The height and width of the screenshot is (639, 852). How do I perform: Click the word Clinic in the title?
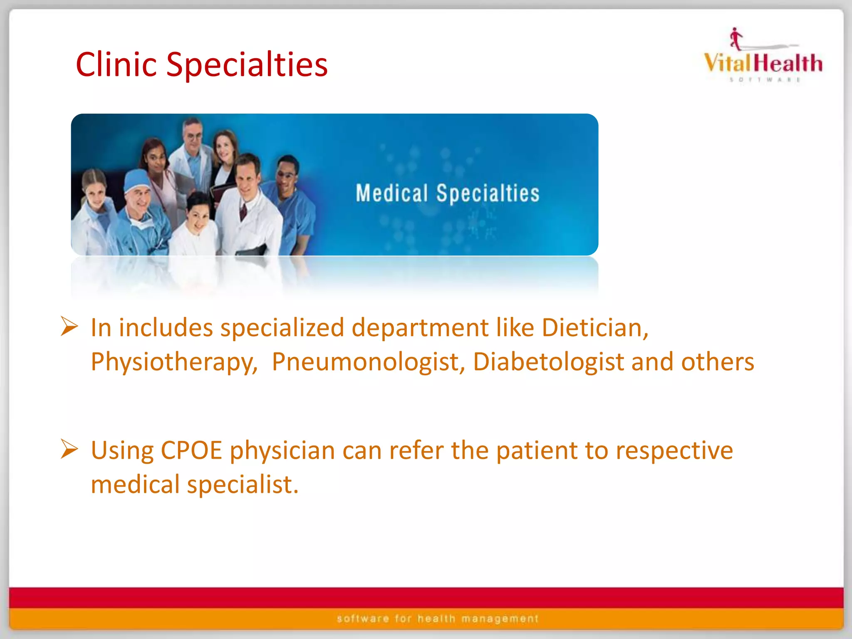point(116,65)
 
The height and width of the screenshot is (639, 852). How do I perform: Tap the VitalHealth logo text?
point(763,63)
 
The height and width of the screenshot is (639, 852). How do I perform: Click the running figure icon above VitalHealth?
point(736,39)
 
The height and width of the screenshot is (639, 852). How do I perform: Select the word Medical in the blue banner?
point(391,193)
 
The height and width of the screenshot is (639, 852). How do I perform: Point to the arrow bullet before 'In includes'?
point(69,326)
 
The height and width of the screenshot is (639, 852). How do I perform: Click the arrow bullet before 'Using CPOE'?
point(69,449)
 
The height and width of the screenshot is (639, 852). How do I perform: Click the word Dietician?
point(594,328)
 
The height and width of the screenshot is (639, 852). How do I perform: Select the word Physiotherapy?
point(174,362)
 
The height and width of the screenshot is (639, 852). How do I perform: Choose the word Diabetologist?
point(548,362)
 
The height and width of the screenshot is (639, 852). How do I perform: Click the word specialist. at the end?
point(243,485)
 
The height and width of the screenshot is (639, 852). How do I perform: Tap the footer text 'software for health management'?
point(438,619)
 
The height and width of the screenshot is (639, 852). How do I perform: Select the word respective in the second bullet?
point(674,451)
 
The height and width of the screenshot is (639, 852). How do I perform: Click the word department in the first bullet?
point(420,328)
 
